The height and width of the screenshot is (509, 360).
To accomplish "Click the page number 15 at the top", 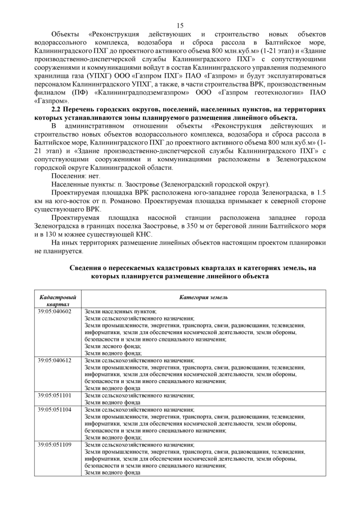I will click(180, 25).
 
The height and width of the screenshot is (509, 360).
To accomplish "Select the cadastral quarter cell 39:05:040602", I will click(55, 310).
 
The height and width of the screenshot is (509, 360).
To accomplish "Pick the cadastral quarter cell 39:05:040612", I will click(55, 360).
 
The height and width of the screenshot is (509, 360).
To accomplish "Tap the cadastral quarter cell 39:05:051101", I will click(55, 395).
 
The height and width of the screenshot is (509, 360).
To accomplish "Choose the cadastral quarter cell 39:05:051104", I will click(55, 409).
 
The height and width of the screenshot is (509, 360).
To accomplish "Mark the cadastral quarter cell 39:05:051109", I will click(55, 445).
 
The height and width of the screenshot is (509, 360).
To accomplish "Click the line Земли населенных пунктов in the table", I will click(120, 311).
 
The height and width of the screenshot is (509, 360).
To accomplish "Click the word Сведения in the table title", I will click(87, 268).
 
